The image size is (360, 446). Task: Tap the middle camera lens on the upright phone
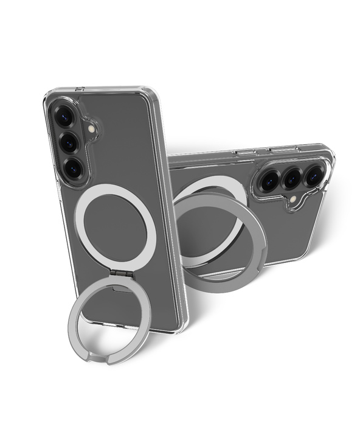pyautogui.click(x=68, y=142)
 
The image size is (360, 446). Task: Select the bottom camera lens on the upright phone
pyautogui.click(x=74, y=169)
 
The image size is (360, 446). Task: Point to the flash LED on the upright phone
pyautogui.click(x=92, y=129)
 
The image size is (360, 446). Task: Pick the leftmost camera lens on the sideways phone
pyautogui.click(x=269, y=180)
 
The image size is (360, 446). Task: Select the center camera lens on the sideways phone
pyautogui.click(x=292, y=177)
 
